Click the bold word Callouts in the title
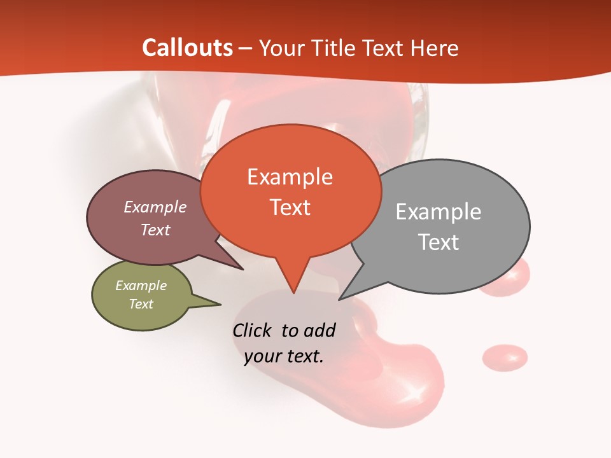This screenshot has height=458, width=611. (187, 48)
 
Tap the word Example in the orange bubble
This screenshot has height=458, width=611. (290, 177)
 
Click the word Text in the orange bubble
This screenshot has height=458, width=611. (290, 207)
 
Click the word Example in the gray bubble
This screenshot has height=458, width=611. (439, 212)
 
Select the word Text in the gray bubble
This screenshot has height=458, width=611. (439, 242)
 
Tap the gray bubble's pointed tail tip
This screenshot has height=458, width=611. (340, 299)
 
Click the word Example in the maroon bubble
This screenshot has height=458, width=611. (155, 207)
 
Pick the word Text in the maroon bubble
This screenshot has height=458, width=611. (155, 230)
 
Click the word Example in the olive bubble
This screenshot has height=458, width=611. (141, 286)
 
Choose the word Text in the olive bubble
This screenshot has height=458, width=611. (141, 304)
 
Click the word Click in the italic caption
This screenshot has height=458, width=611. (254, 331)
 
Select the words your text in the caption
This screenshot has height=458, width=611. (283, 356)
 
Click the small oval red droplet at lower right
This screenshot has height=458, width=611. (505, 357)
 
